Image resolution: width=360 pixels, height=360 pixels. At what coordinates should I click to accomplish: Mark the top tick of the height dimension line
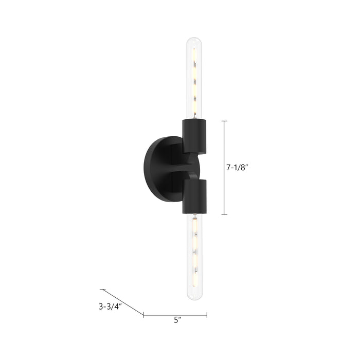click(224, 121)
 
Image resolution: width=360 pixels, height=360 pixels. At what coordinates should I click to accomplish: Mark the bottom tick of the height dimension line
click(224, 214)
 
